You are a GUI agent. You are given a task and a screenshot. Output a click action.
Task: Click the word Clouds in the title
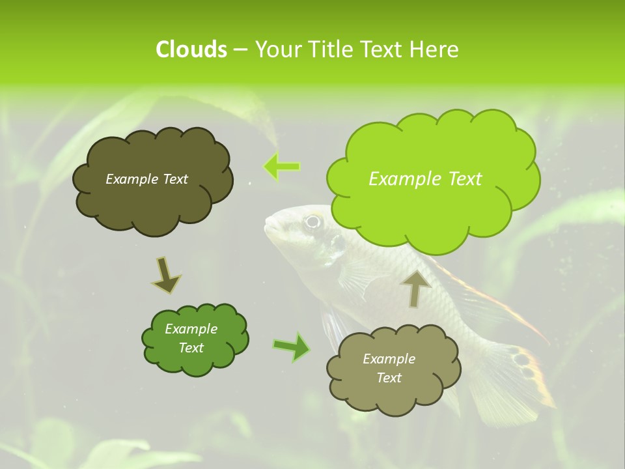click(191, 50)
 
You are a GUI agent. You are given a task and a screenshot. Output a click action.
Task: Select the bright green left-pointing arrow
click(281, 167)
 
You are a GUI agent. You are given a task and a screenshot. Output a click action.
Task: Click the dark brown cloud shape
click(152, 180)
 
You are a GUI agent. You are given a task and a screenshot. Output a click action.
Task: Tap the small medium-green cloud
click(194, 339)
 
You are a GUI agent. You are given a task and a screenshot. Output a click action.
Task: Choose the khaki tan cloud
click(393, 369)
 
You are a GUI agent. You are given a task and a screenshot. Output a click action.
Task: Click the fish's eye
click(313, 221)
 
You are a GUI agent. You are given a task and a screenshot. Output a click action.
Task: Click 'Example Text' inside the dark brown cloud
click(146, 179)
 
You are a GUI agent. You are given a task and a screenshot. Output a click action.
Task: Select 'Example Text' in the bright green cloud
click(425, 179)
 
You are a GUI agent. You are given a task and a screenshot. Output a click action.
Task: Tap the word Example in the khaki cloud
click(389, 359)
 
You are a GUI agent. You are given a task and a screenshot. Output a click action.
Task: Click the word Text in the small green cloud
click(191, 348)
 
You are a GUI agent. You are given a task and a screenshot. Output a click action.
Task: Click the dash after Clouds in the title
click(240, 50)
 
